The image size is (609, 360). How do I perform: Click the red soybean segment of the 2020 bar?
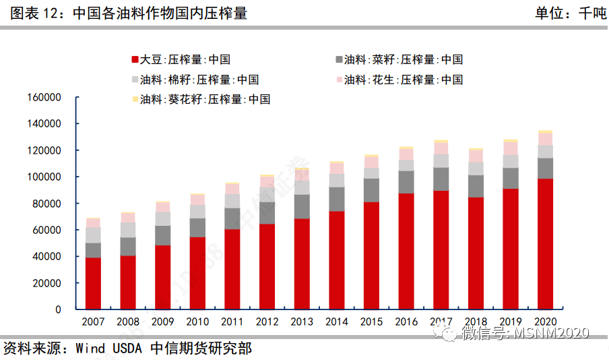coord(545,244)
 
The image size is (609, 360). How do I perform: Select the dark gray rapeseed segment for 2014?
coord(336,199)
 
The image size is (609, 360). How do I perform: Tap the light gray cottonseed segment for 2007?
coord(93,235)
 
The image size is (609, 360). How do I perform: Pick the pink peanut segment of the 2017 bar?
coord(441,148)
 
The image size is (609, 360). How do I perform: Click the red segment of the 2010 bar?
coord(197,273)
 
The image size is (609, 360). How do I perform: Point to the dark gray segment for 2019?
coord(511,178)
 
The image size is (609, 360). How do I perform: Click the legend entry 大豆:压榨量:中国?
coord(181,59)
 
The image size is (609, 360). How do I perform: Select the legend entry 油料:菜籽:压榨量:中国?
coord(399,59)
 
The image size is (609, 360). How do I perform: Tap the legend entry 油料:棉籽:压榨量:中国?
coord(195,80)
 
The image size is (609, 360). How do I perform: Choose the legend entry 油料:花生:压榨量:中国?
coord(399,80)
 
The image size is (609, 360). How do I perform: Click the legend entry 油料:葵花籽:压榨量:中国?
coord(201,99)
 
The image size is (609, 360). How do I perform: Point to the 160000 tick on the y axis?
coord(77,97)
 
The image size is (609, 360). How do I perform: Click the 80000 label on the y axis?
coord(46,204)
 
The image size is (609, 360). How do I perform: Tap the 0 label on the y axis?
coord(58,309)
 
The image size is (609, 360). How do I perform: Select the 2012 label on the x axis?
coord(267,322)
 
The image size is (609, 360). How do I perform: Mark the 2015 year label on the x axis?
coord(371,322)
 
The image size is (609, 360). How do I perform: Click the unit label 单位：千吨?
coord(571,13)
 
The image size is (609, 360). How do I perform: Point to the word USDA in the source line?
coord(127,348)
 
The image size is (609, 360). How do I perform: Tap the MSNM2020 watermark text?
coord(552,333)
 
